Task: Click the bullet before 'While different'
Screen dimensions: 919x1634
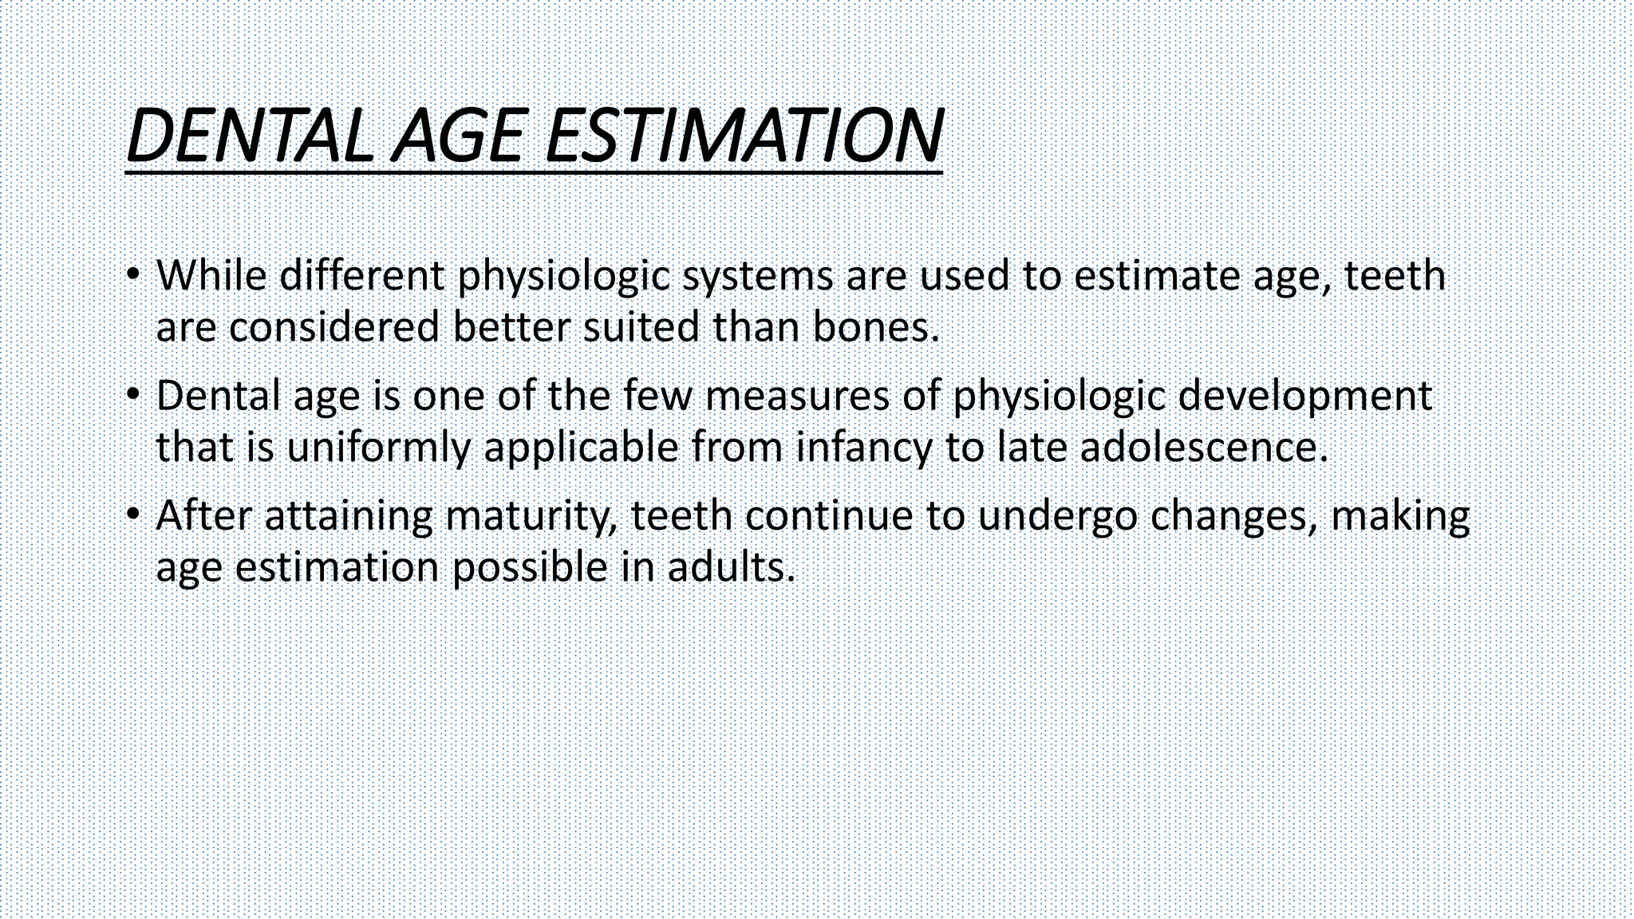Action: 133,274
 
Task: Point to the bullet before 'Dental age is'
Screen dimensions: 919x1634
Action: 133,395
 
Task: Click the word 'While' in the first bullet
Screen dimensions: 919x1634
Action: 211,275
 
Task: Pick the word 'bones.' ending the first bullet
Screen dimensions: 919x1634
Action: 876,328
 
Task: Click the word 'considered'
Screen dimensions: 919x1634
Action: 334,328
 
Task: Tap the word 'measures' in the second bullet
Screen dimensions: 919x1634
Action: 797,396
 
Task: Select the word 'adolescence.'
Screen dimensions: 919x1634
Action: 1204,447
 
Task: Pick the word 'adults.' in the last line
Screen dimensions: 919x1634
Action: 732,567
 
